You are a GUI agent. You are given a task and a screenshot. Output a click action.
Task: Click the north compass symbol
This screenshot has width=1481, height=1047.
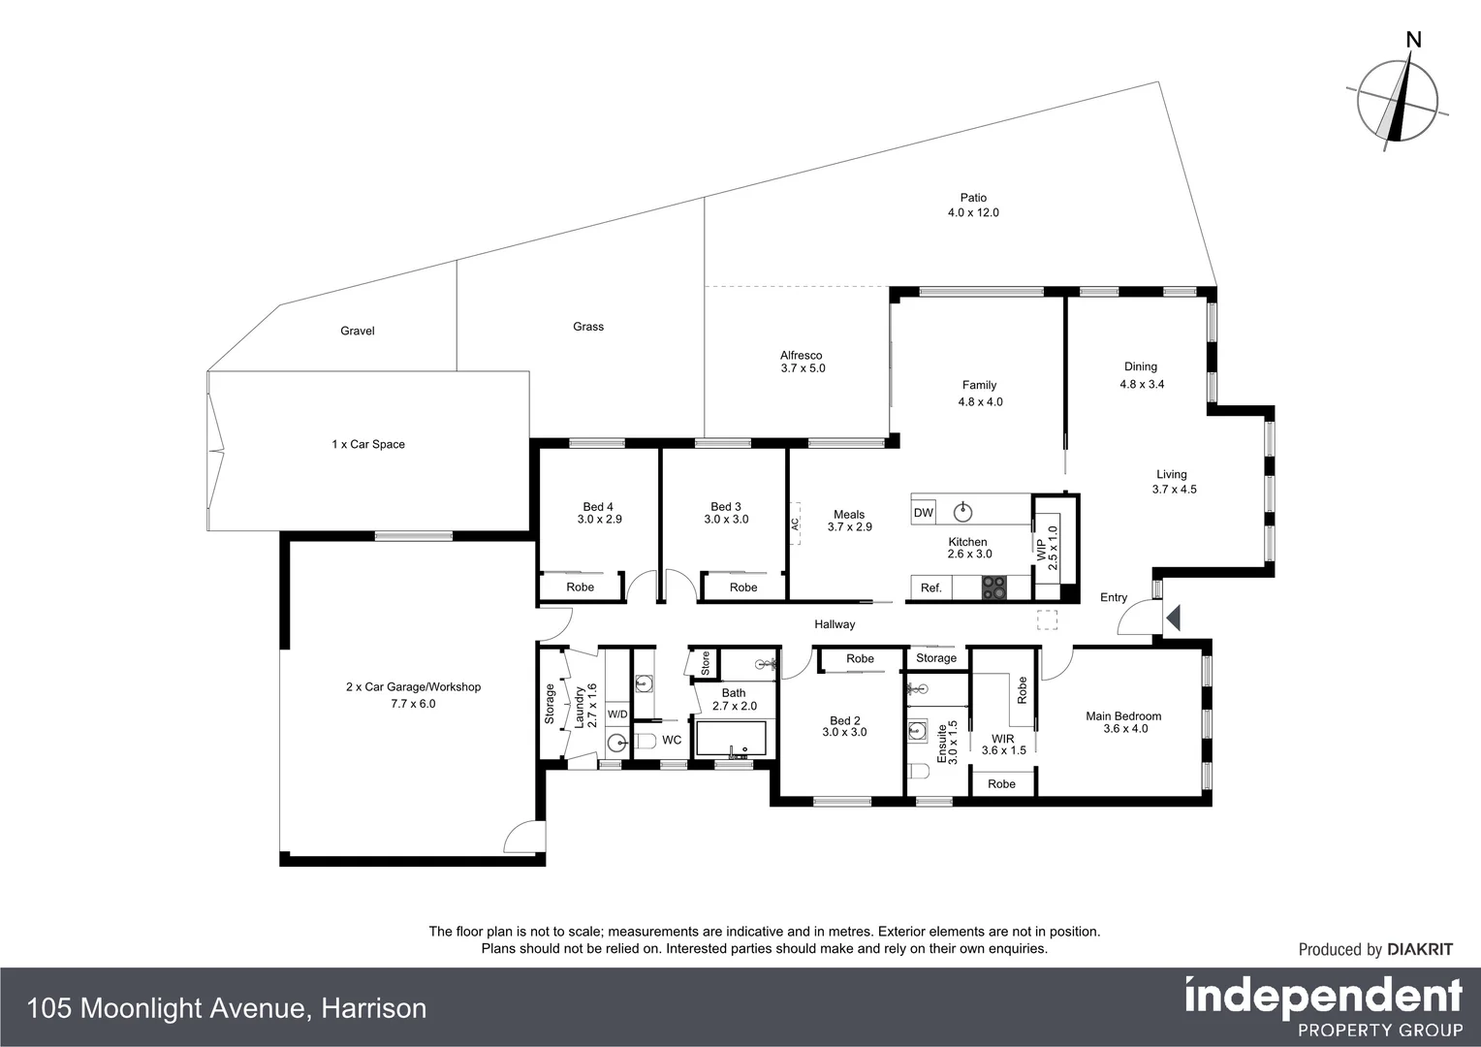1397,98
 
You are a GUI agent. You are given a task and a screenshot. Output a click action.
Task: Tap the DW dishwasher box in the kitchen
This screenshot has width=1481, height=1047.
924,512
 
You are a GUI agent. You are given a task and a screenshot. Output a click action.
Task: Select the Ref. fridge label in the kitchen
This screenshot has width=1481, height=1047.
930,587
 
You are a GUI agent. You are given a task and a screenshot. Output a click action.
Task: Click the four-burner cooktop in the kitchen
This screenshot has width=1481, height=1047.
994,587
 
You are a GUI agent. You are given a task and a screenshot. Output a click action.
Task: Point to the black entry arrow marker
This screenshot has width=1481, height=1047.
1173,618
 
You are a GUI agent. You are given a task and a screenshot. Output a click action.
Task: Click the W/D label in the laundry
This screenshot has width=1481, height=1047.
617,714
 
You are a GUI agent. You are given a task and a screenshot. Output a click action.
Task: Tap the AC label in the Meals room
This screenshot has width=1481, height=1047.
795,523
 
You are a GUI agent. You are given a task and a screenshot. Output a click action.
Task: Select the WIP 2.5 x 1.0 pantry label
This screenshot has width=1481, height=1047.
1048,548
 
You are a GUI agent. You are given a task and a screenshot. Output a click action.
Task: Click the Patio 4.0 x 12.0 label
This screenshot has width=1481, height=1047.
973,205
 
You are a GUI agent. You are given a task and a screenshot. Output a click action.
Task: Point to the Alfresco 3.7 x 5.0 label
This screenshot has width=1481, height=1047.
802,362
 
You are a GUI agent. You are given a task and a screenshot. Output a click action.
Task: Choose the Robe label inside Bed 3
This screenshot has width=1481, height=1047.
743,587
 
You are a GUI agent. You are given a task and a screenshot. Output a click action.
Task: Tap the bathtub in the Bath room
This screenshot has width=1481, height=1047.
732,739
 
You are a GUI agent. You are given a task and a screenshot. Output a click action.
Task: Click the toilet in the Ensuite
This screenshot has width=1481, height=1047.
919,772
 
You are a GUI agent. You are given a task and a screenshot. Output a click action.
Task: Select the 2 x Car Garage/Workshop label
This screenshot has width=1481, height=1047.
413,694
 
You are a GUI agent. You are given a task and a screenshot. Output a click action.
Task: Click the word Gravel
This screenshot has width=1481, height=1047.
357,331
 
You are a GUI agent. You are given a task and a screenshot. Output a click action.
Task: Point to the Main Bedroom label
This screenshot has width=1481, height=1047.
1123,722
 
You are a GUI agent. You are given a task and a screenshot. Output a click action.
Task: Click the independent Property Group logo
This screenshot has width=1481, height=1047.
1323,1006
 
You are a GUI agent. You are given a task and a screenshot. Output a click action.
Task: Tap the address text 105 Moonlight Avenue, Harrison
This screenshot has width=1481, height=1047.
227,1008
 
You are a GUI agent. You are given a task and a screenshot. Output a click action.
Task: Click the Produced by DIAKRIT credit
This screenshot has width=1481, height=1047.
1375,949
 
